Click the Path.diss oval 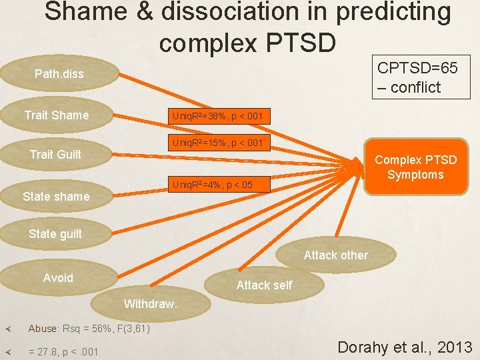tap(59, 74)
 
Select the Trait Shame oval tap(57, 115)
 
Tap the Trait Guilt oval tap(56, 155)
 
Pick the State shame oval tap(56, 197)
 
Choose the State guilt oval tap(55, 234)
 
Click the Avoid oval tap(58, 278)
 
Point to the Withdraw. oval tap(151, 304)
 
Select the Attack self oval tap(264, 285)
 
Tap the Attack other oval tap(335, 255)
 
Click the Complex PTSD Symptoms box tap(415, 167)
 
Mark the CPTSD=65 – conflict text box tap(417, 77)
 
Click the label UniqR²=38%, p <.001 tap(217, 117)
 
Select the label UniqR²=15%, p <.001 tap(217, 143)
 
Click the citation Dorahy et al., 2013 tap(405, 347)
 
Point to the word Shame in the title tap(86, 12)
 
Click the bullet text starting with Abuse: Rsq tap(89, 329)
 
